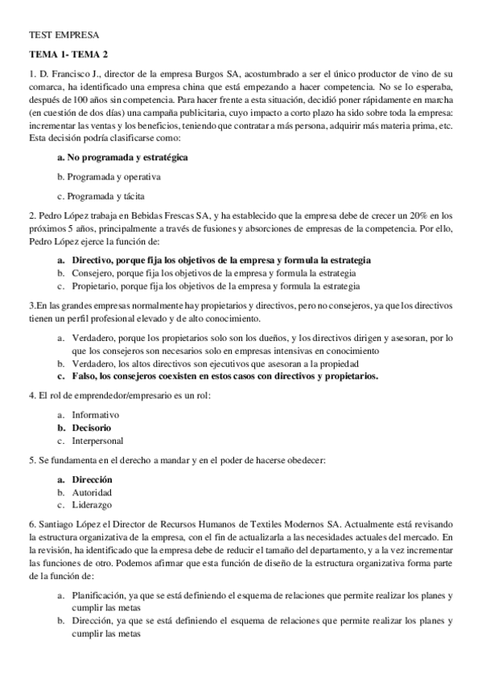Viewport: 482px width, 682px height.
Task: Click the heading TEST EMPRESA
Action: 64,35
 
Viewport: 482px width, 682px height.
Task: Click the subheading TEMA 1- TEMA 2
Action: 68,55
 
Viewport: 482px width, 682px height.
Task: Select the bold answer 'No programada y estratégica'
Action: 122,158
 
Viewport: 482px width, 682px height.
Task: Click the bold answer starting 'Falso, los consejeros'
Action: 225,376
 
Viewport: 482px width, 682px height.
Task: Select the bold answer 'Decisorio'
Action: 92,428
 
